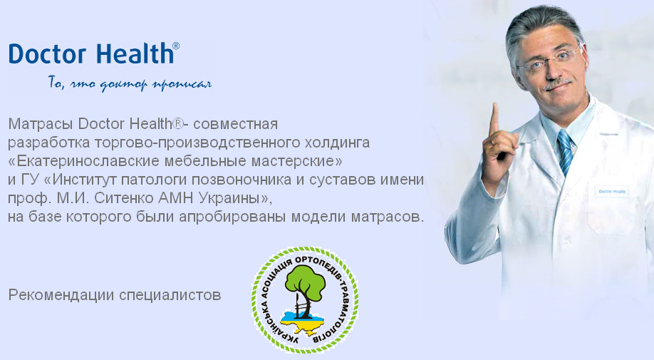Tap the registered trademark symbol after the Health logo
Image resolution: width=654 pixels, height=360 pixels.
click(x=176, y=46)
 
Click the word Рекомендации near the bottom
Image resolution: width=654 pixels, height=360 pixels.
click(x=61, y=295)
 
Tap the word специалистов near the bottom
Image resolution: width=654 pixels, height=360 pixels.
click(x=170, y=295)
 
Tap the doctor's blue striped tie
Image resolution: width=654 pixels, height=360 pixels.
click(x=566, y=151)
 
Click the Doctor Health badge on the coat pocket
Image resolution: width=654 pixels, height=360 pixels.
click(x=611, y=192)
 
